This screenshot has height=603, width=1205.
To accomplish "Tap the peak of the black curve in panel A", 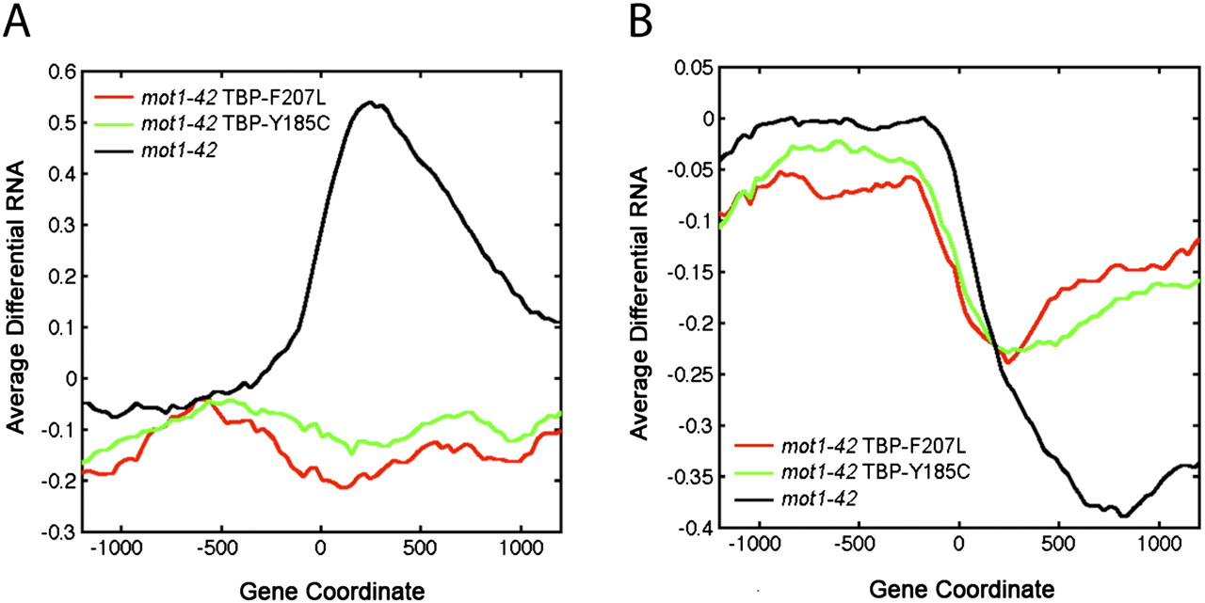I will (370, 103).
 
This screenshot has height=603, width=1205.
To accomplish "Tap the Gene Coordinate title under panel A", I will (319, 590).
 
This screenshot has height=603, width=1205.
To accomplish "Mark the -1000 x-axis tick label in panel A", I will (119, 552).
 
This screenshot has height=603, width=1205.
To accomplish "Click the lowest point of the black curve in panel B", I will (1122, 516).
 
